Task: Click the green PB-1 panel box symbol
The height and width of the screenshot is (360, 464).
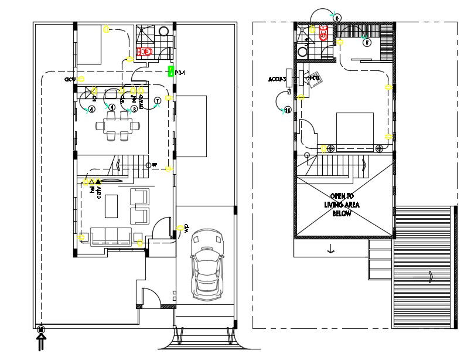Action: click(x=170, y=72)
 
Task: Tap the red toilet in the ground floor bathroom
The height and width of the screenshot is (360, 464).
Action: click(x=145, y=52)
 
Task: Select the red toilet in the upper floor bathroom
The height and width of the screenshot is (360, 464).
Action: click(x=322, y=33)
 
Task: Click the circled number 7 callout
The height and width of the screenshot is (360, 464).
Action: click(x=156, y=101)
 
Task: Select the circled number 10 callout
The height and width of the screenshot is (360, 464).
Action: click(x=287, y=110)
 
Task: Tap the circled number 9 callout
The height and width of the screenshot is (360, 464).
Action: click(x=337, y=18)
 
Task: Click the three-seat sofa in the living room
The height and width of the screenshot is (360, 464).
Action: click(x=110, y=235)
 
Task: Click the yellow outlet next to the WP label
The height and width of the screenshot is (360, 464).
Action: click(x=178, y=228)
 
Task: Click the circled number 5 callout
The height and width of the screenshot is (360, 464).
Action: click(x=367, y=42)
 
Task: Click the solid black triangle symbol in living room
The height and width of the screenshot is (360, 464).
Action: click(x=98, y=182)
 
